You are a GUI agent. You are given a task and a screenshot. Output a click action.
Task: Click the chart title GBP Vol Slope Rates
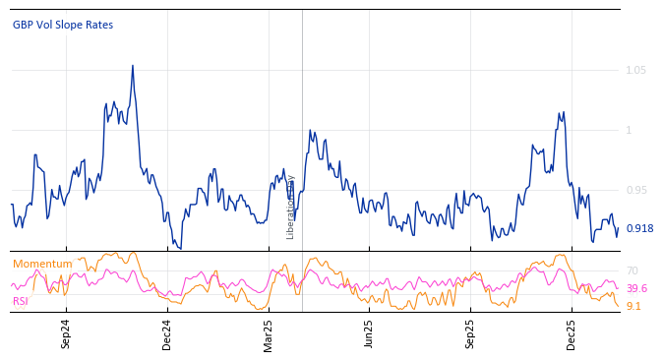[63, 25]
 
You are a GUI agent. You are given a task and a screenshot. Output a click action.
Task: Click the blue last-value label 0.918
[639, 228]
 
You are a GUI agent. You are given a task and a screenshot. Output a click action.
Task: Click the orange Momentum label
[42, 264]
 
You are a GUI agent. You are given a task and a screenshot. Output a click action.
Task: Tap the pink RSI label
[20, 301]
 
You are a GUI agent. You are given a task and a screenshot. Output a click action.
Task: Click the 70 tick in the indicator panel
[633, 270]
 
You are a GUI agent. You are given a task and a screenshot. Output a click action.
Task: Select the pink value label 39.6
[636, 288]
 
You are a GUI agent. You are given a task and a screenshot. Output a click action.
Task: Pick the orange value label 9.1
[633, 306]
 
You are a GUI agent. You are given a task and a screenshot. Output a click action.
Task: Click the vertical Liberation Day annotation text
[291, 207]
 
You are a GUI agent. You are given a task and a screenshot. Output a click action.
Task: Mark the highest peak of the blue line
[133, 66]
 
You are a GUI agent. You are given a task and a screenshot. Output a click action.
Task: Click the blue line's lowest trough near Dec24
[180, 248]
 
